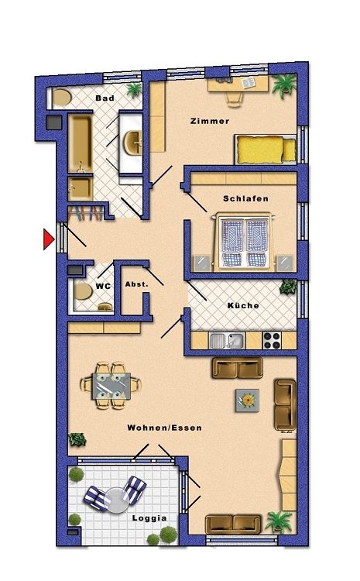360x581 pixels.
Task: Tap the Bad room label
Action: (105, 99)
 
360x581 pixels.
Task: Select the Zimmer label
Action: (209, 122)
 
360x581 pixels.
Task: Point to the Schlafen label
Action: (245, 199)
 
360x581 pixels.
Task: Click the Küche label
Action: (243, 306)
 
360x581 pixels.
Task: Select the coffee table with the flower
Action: (248, 400)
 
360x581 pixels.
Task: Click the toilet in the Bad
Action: (60, 98)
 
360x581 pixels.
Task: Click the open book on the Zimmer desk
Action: (249, 83)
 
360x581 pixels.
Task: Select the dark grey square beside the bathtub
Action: (53, 122)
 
